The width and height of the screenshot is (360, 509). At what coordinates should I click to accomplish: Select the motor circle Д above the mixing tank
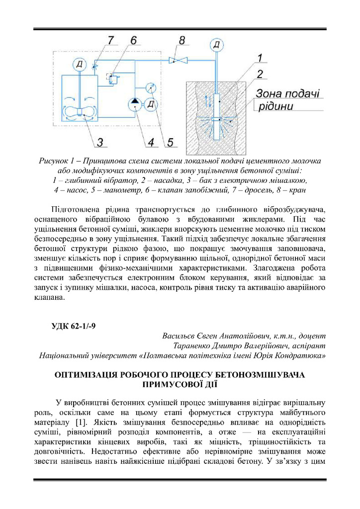coord(80,64)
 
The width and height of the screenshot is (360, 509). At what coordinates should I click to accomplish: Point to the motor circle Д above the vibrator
coord(217,46)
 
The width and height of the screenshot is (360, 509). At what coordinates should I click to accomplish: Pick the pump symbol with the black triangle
coord(134,104)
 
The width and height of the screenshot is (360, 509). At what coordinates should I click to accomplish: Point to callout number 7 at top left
coord(111,40)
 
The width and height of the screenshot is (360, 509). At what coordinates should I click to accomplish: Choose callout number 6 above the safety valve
coord(133,40)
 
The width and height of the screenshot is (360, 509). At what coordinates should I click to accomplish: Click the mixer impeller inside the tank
coord(80,112)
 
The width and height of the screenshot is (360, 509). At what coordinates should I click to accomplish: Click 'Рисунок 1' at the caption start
coord(56,161)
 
